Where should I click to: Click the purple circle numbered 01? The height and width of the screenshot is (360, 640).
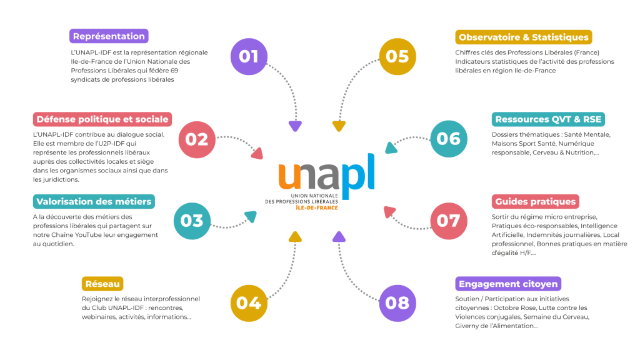click(x=249, y=56)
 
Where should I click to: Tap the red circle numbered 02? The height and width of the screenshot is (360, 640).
click(x=197, y=138)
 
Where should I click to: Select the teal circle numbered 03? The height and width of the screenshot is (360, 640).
click(x=192, y=220)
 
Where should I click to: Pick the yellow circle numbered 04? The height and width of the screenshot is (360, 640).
click(x=249, y=302)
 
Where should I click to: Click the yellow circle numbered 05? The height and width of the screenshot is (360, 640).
click(x=397, y=56)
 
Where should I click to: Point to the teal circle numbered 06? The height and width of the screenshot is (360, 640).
click(x=449, y=138)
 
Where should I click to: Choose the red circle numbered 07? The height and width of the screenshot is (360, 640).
click(x=449, y=220)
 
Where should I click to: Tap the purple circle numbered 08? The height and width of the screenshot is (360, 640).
click(x=397, y=302)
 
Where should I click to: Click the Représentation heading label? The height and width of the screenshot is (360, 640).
click(x=109, y=36)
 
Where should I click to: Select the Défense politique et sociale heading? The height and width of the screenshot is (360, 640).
click(x=102, y=119)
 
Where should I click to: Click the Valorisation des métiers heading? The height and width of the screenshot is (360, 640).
click(x=94, y=201)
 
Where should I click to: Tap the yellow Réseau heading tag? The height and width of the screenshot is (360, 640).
click(x=102, y=284)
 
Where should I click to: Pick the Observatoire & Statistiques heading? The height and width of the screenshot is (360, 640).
click(x=524, y=37)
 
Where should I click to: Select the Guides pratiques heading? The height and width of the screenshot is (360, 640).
click(x=535, y=201)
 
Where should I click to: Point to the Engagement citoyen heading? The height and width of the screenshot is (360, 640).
click(x=507, y=284)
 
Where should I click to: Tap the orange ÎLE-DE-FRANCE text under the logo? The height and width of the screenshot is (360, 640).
click(x=317, y=207)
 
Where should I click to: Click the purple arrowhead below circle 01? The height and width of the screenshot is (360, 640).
click(x=295, y=126)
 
